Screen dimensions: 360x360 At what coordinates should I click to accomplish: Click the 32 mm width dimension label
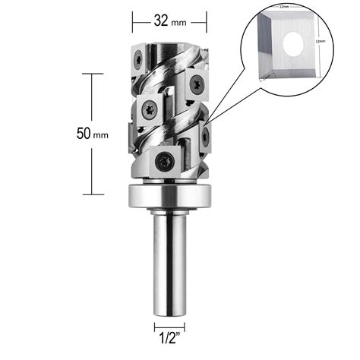tap(169, 21)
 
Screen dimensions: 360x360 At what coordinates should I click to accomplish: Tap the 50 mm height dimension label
tap(92, 134)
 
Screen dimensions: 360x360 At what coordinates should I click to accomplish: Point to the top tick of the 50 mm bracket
tap(92, 74)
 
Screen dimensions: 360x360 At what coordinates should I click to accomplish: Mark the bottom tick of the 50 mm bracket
tap(92, 194)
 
